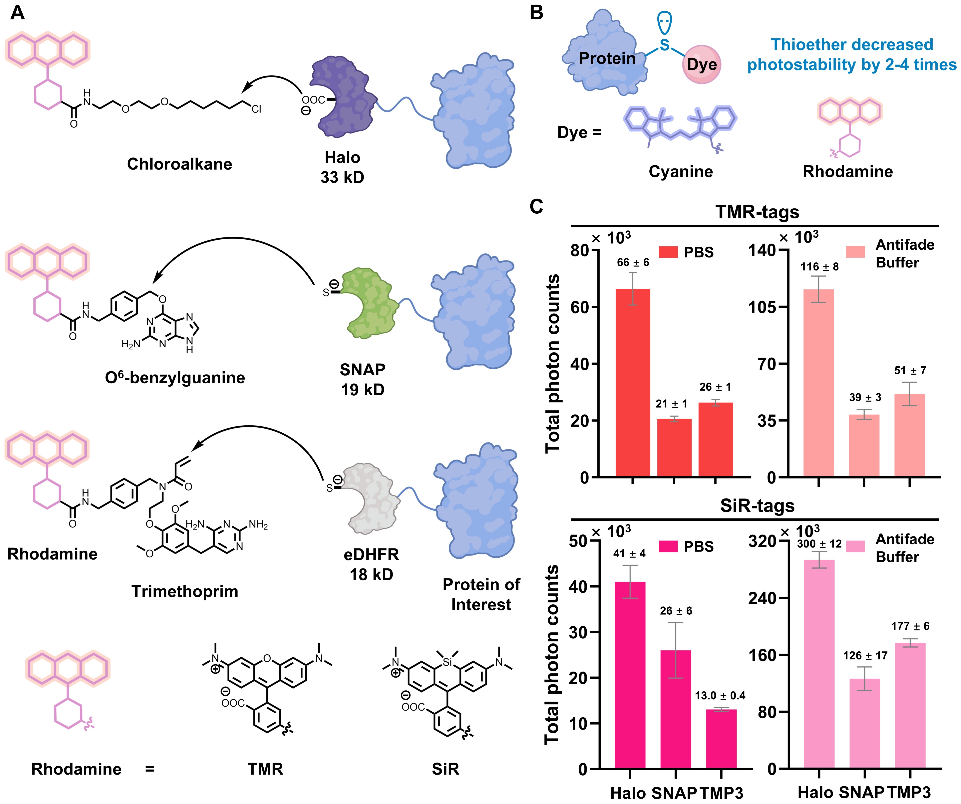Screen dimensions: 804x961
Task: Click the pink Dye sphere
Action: (701, 64)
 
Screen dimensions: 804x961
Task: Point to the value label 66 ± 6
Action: (633, 262)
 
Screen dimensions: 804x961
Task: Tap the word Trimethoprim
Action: (185, 591)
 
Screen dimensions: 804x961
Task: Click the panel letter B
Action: (536, 13)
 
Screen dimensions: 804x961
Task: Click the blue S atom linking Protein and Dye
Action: (664, 45)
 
